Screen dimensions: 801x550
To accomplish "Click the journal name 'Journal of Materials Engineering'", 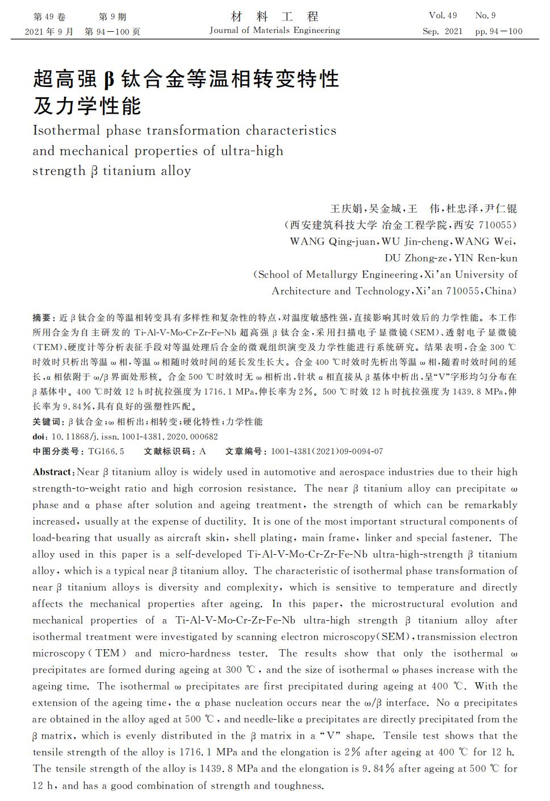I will [274, 31].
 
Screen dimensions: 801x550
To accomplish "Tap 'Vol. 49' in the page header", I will [443, 16].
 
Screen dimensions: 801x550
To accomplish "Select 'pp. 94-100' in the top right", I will [498, 31].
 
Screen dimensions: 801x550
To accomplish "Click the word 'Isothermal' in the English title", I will [66, 131].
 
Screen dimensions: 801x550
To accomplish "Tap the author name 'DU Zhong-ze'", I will [416, 258].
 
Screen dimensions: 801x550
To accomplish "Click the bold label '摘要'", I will [41, 317].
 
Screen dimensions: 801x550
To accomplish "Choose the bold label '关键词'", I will [47, 422].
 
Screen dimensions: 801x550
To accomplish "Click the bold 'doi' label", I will [39, 437].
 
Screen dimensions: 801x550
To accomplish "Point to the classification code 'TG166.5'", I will [106, 451].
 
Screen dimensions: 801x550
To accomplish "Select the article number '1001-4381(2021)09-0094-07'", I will [327, 451].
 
